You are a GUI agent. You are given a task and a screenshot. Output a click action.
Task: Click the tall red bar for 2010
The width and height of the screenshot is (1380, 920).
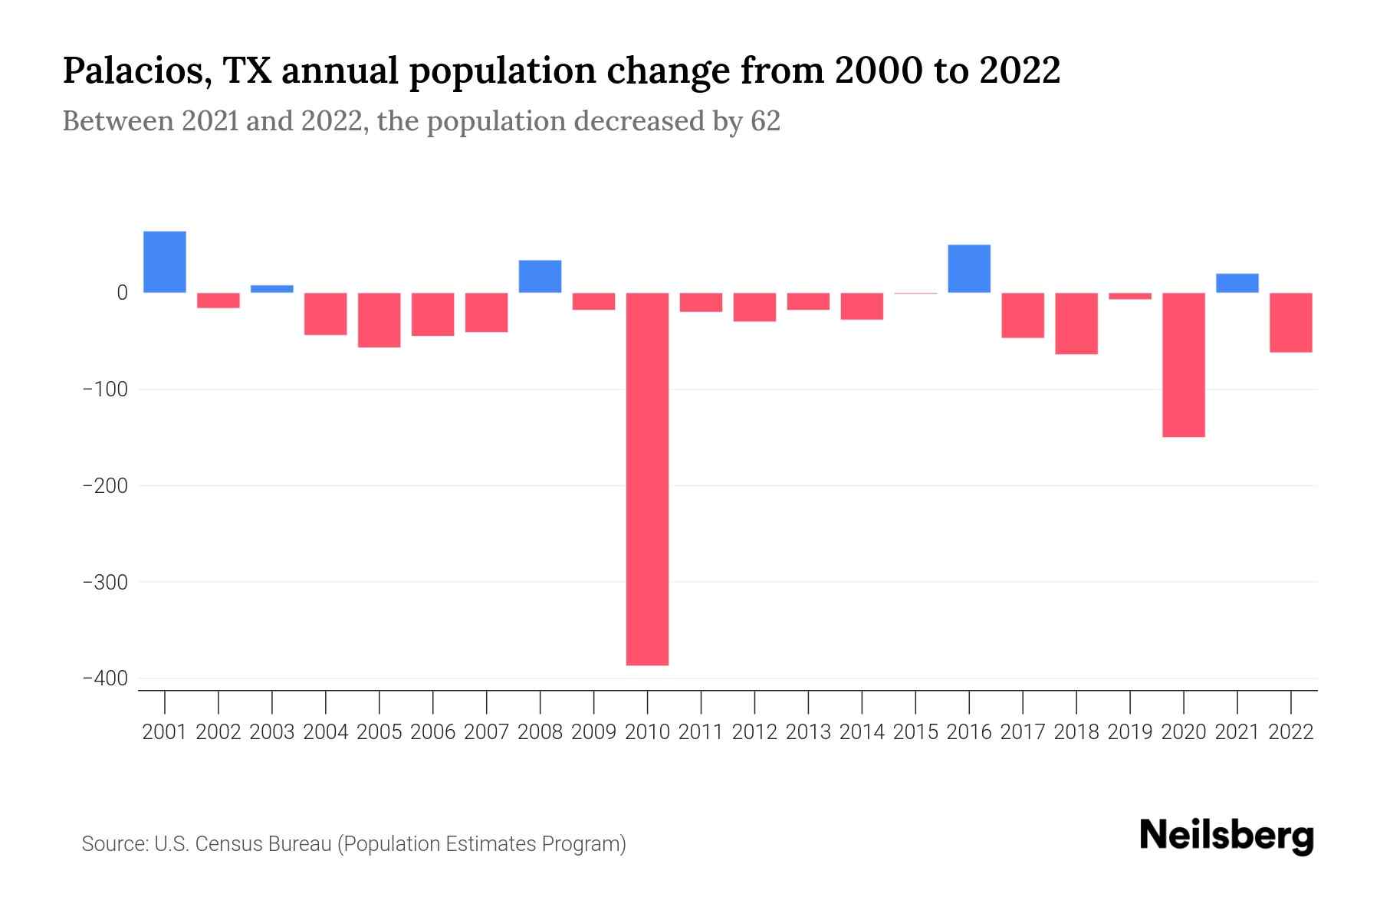[647, 478]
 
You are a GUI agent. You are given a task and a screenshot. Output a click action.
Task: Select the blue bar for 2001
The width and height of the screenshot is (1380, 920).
[165, 261]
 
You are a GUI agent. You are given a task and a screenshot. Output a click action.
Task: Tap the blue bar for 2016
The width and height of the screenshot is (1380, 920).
[969, 268]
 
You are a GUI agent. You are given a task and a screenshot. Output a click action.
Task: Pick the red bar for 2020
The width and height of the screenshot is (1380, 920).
[1183, 365]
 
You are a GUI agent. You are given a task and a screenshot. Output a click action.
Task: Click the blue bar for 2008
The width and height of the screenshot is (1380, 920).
[540, 276]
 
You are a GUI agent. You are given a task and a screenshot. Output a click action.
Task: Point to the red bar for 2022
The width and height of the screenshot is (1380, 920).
[1290, 322]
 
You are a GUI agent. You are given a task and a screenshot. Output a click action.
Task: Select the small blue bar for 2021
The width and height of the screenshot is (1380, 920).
[1237, 283]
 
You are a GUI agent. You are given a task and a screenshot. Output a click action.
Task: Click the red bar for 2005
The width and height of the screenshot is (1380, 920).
[379, 320]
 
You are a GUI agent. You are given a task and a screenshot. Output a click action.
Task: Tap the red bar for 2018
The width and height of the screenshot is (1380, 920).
[1076, 323]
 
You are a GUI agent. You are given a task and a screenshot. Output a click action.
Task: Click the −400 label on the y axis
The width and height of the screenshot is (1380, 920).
[104, 678]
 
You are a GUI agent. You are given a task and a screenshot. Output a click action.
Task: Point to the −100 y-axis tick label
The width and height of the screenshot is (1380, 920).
[104, 389]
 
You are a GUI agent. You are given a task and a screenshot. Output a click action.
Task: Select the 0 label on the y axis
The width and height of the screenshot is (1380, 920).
[122, 293]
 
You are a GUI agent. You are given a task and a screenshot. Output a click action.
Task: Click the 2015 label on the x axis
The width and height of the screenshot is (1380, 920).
[915, 732]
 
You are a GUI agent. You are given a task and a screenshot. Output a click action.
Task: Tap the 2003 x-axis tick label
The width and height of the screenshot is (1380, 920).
[272, 732]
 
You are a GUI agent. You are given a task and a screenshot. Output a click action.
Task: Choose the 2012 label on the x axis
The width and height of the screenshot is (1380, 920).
[754, 732]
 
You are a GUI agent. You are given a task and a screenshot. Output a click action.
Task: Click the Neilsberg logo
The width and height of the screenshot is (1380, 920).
[1227, 836]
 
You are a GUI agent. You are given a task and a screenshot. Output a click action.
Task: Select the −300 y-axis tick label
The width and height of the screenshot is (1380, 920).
[104, 582]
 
